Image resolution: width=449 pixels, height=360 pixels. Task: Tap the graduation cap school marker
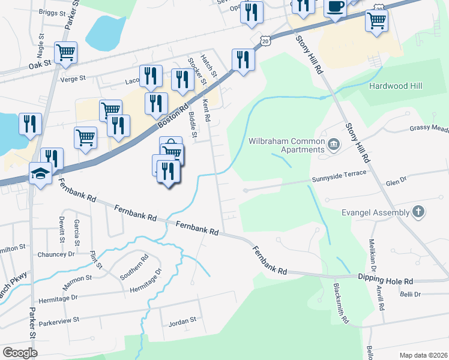(40, 174)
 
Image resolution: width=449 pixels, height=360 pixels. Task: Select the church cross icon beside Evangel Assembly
(418, 212)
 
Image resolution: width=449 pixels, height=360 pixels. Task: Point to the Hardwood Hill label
(396, 86)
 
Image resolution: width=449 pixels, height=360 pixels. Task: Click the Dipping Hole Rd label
(386, 281)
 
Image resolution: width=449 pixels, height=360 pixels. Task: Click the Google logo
(20, 353)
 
